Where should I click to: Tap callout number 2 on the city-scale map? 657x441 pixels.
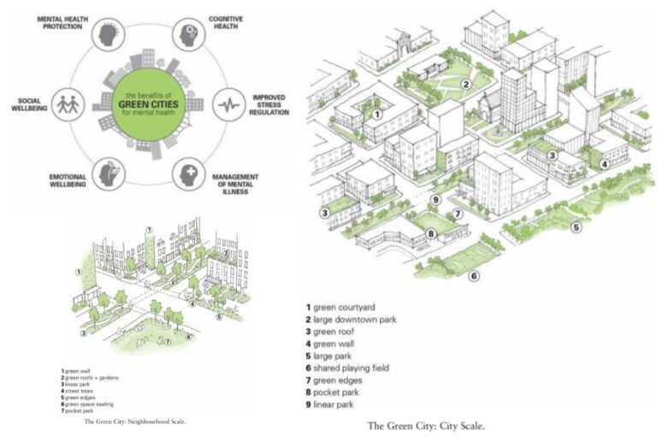click(466, 83)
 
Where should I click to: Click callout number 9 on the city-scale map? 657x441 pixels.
click(435, 200)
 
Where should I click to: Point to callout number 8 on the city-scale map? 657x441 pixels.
click(429, 233)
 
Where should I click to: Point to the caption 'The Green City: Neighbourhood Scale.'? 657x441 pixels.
click(135, 421)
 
